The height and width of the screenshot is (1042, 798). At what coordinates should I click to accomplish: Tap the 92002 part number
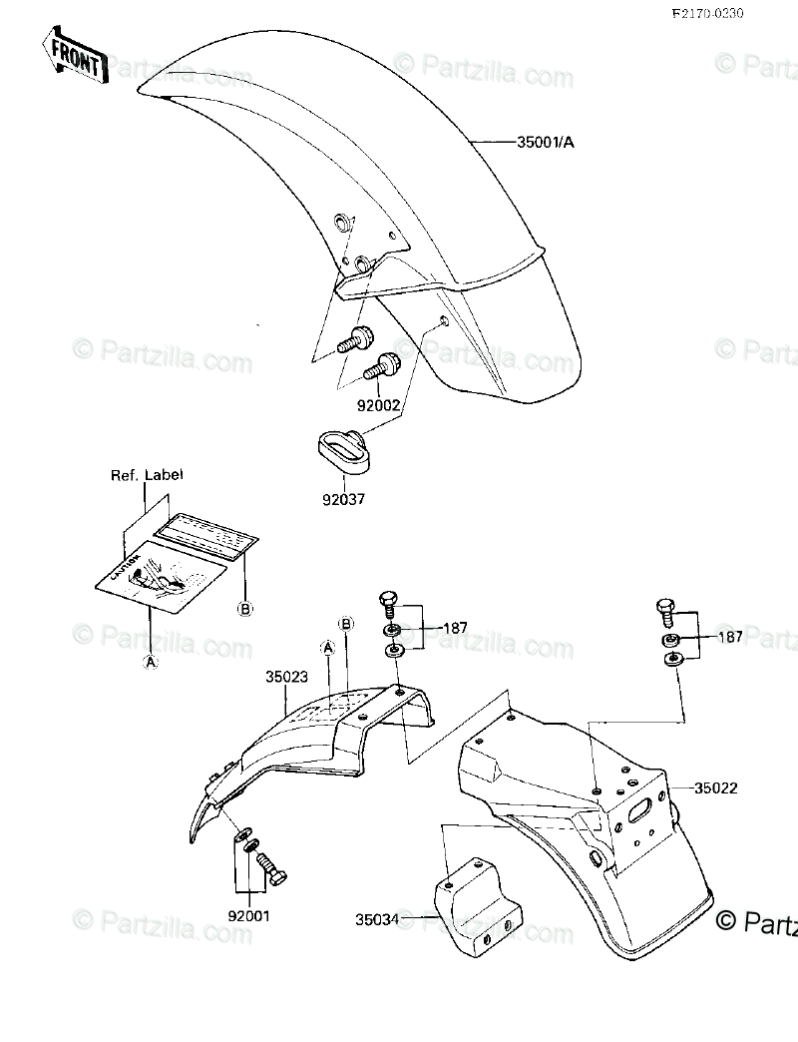(x=380, y=407)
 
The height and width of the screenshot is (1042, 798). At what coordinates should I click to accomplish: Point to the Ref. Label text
(x=147, y=475)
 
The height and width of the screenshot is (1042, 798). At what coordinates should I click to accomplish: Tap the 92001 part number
(x=247, y=914)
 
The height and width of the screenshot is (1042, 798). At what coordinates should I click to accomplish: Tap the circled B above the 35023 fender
(x=346, y=625)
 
